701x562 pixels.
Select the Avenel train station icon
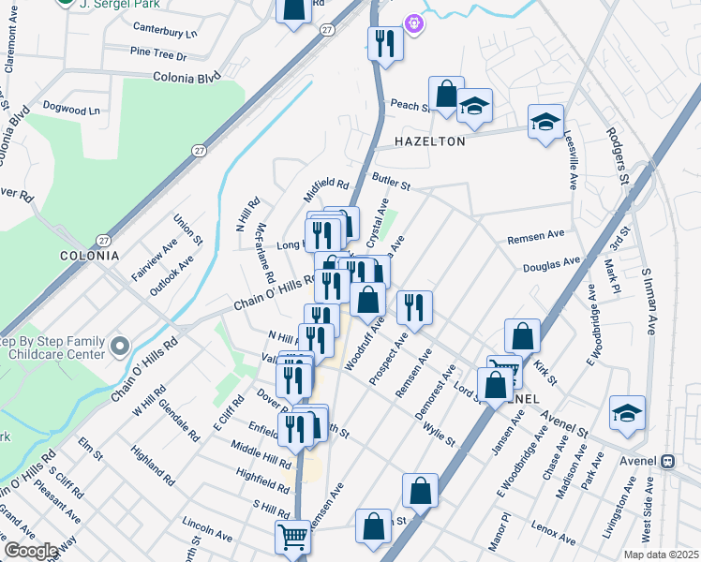pyautogui.click(x=669, y=462)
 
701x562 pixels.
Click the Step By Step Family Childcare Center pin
pyautogui.click(x=119, y=348)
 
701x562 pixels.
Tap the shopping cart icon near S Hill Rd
pyautogui.click(x=292, y=538)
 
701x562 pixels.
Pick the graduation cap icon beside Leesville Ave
pyautogui.click(x=544, y=122)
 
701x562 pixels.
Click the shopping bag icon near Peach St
pyautogui.click(x=446, y=94)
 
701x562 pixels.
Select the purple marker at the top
pyautogui.click(x=413, y=23)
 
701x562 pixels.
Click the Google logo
pyautogui.click(x=31, y=551)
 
